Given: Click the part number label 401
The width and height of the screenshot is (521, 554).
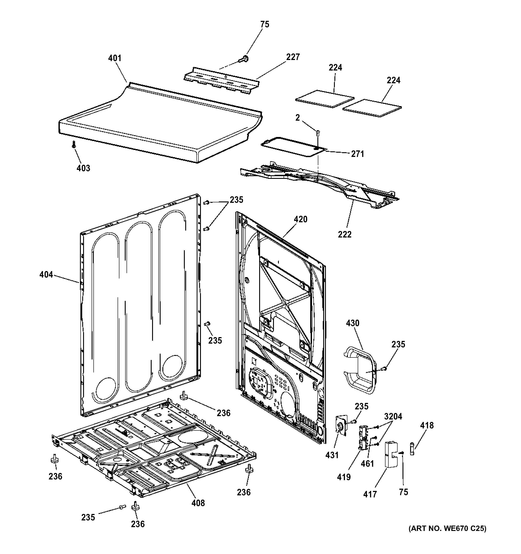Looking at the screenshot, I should pos(115,58).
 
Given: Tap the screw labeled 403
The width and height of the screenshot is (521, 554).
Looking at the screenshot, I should pos(74,144).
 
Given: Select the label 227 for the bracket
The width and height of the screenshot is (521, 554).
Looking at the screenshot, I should pos(293,57).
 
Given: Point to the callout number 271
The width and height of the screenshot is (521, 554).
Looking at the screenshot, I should pos(357,154).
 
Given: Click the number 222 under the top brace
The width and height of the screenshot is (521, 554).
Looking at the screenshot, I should pos(345,234).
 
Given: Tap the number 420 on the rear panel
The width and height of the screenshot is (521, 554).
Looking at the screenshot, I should pos(300,219).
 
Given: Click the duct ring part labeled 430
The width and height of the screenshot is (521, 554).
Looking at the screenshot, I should pos(360,371).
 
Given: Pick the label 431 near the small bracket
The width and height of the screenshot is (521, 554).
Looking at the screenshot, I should pos(332,455).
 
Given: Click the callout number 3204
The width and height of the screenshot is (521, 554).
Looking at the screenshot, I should pos(393,417).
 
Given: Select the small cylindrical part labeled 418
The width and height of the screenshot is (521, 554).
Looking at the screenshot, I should pos(413,449).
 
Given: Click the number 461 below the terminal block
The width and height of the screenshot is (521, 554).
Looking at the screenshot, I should pos(367,464).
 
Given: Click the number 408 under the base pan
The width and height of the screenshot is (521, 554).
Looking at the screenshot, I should pos(198,503).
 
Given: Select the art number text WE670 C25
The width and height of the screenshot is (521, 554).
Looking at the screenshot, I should pos(447,529).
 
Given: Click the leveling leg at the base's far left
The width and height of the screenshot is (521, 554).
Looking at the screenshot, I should pos(54,459).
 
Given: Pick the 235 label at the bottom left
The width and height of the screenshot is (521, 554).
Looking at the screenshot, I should pos(88,517).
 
